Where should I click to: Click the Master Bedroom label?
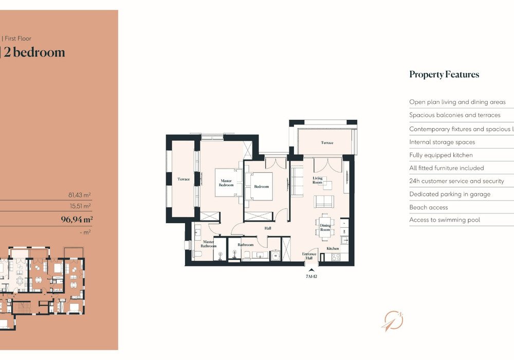coord(227,183)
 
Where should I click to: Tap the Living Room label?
coord(318,180)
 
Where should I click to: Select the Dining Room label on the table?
coord(325,227)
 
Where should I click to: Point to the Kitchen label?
coord(333,248)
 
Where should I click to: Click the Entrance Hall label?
coord(309,256)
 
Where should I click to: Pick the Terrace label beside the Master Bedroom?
coord(183,179)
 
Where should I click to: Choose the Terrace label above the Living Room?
coord(327,142)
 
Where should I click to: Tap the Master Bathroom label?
coord(208,244)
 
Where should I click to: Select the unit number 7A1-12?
coord(310,276)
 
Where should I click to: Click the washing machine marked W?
coord(276,255)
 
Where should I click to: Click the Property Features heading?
coord(444,75)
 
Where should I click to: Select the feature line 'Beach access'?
coord(428,207)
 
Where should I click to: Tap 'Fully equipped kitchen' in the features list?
coord(440,155)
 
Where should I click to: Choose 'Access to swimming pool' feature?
coord(444,220)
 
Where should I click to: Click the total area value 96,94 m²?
coord(77,220)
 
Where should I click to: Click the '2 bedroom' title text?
coord(34,52)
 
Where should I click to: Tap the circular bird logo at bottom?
coord(392,320)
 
